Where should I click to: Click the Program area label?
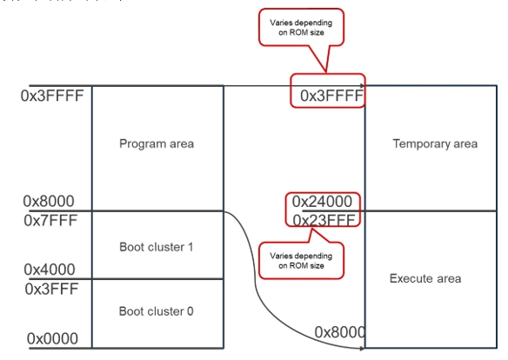157,143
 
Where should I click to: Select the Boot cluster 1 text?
157,247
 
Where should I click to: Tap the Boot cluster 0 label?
157,311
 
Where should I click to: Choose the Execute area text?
425,278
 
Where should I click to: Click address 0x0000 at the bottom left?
52,338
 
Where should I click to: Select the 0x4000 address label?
50,270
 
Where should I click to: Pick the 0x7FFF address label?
50,220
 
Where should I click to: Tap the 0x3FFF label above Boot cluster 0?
50,289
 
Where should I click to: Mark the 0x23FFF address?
323,220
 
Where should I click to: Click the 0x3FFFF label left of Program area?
52,95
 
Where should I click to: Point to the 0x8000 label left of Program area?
50,201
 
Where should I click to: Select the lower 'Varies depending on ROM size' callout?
299,259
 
